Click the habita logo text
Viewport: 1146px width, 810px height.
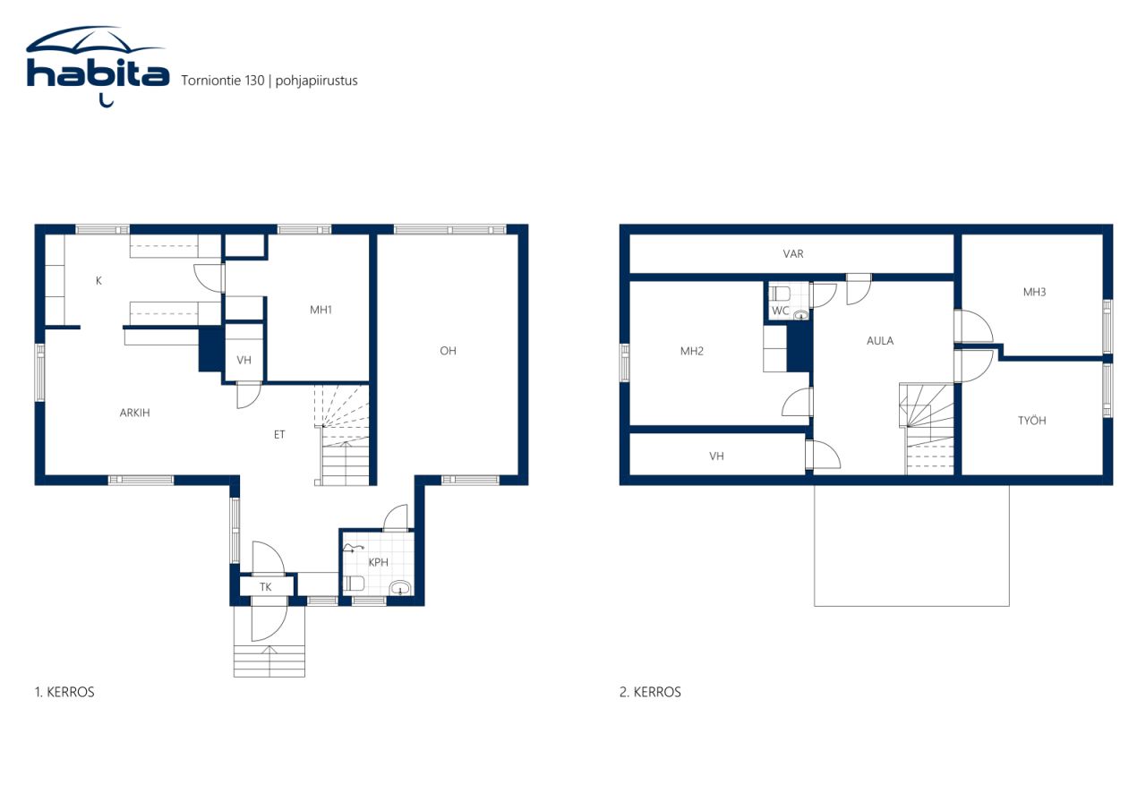click(98, 74)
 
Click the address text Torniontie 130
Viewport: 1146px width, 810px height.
click(223, 81)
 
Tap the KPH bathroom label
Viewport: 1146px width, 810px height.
click(378, 562)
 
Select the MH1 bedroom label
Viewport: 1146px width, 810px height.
click(321, 310)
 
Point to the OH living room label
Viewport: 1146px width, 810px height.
click(448, 351)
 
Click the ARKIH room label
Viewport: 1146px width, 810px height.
click(134, 413)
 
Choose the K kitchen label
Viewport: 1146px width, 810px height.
click(98, 280)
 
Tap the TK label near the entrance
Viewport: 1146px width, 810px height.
click(265, 586)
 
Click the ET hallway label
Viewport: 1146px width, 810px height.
click(278, 435)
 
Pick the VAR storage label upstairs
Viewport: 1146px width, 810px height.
click(793, 253)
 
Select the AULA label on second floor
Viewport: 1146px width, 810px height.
click(880, 341)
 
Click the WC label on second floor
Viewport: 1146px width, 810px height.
click(780, 311)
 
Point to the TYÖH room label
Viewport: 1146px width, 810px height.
click(1031, 421)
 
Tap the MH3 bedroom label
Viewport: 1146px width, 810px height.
click(1034, 292)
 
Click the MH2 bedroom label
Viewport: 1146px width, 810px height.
click(692, 351)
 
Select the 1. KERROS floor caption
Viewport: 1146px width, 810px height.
click(64, 692)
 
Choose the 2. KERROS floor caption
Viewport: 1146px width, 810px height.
click(650, 692)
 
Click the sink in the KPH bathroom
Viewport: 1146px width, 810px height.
click(399, 588)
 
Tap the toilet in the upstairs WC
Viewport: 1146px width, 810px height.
click(780, 294)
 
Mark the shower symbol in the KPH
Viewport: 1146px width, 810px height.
click(353, 549)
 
